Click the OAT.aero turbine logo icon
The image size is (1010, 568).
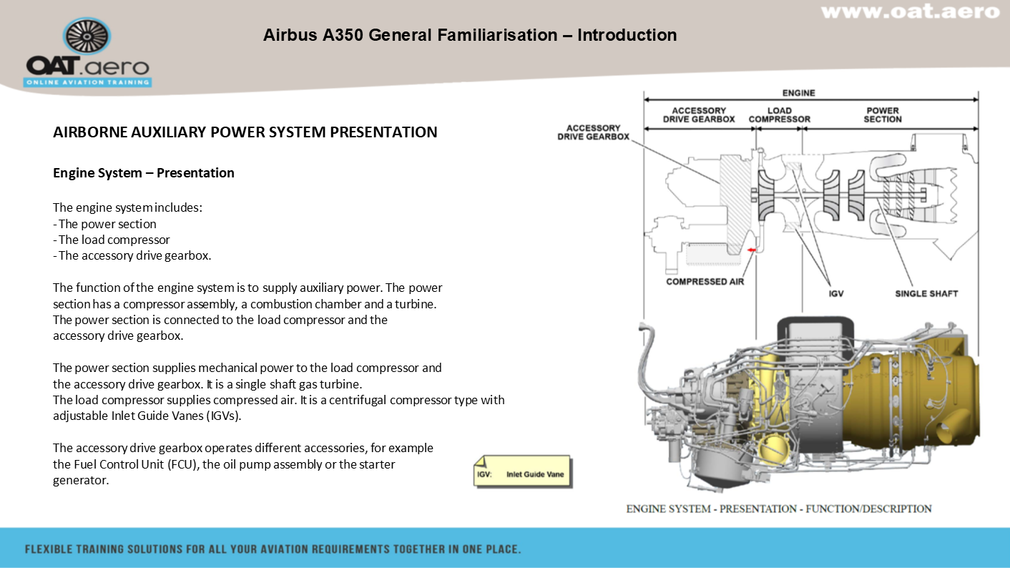87,36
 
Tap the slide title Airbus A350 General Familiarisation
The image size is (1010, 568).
469,35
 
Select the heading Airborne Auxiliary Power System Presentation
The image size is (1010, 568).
245,132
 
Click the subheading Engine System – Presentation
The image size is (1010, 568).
144,173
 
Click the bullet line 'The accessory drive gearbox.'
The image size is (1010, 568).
133,255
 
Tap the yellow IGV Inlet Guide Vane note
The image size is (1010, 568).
523,473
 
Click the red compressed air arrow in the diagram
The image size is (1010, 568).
750,250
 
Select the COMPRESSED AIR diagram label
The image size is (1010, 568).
705,281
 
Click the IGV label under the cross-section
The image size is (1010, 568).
835,293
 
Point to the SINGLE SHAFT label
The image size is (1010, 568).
926,293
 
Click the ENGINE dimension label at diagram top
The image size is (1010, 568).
798,93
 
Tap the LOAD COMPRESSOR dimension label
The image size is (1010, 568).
779,115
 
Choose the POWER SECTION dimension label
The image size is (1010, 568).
882,115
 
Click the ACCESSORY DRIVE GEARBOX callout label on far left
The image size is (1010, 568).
593,132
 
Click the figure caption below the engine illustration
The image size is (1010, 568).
779,509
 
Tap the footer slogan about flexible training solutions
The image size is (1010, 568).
273,549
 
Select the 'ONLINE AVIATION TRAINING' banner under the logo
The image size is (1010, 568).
87,82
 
